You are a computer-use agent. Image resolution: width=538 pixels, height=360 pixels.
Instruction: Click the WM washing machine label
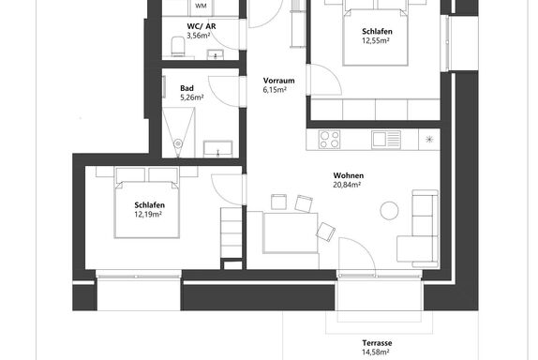(201, 6)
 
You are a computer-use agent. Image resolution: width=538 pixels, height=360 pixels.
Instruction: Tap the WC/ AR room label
(202, 26)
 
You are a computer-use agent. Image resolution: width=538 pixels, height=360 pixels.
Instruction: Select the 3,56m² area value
(199, 36)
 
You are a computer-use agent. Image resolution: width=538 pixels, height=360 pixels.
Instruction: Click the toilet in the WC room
(178, 46)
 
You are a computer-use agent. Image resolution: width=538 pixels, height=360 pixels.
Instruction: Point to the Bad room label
(187, 88)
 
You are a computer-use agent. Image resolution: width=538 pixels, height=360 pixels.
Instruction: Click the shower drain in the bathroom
(178, 143)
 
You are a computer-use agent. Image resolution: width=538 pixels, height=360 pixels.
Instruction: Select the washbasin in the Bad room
(217, 149)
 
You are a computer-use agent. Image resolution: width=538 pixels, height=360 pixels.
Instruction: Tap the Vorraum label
(278, 81)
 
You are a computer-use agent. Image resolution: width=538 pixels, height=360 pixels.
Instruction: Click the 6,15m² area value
(275, 90)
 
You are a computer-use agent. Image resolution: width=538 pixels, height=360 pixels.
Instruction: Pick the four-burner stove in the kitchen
(329, 140)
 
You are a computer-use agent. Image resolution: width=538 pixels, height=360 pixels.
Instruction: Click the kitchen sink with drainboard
(386, 140)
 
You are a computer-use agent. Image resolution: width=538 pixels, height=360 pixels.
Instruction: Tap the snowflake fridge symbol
(429, 140)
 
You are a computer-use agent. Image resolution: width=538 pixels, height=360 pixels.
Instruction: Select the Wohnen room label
(349, 175)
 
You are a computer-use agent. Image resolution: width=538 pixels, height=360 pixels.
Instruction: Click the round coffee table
(389, 210)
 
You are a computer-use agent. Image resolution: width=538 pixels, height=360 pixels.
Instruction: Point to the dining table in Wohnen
(291, 233)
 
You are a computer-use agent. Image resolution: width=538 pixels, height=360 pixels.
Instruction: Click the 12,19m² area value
(148, 215)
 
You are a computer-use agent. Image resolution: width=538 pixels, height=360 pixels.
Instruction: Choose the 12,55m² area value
(376, 41)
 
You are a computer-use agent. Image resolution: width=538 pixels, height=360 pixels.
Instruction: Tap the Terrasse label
(377, 343)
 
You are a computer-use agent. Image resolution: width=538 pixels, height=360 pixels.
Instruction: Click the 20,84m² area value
(347, 185)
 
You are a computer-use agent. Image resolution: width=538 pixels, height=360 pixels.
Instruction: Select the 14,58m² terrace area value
(376, 352)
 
